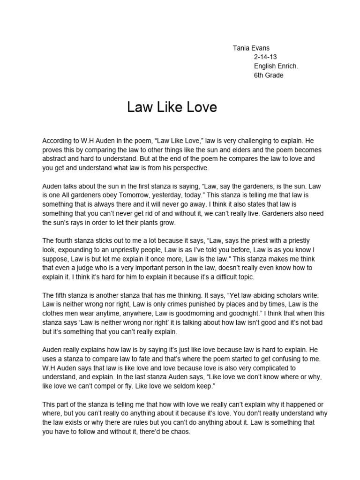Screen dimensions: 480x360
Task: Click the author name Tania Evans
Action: (x=252, y=48)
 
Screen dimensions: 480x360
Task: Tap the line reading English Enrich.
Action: (x=276, y=66)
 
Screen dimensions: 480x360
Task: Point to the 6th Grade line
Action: (x=269, y=75)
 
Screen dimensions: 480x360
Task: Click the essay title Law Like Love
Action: (x=172, y=107)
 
